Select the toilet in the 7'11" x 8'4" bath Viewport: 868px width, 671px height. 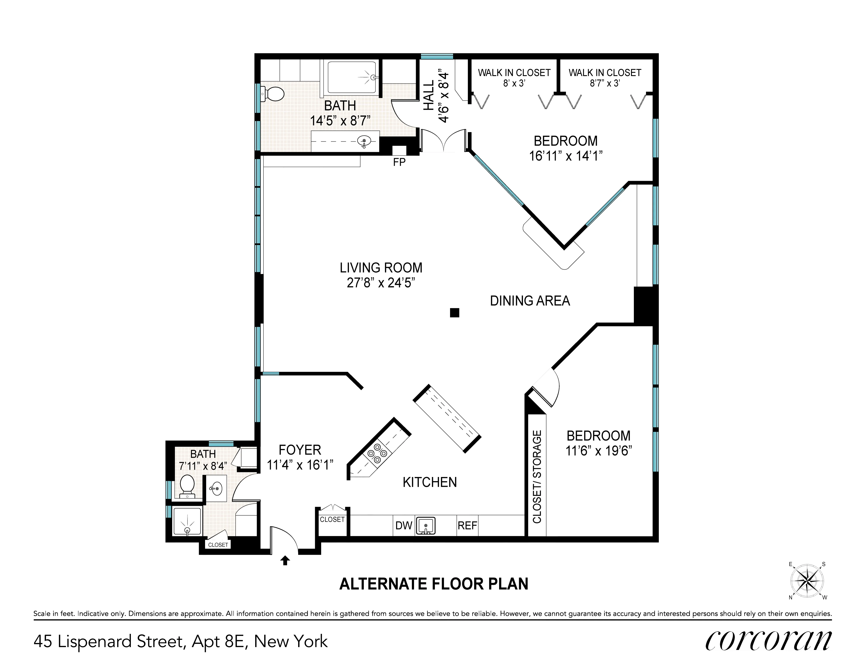187,485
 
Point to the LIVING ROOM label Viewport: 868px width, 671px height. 381,268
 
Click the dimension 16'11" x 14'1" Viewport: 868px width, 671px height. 566,156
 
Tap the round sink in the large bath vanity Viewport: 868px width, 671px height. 364,141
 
